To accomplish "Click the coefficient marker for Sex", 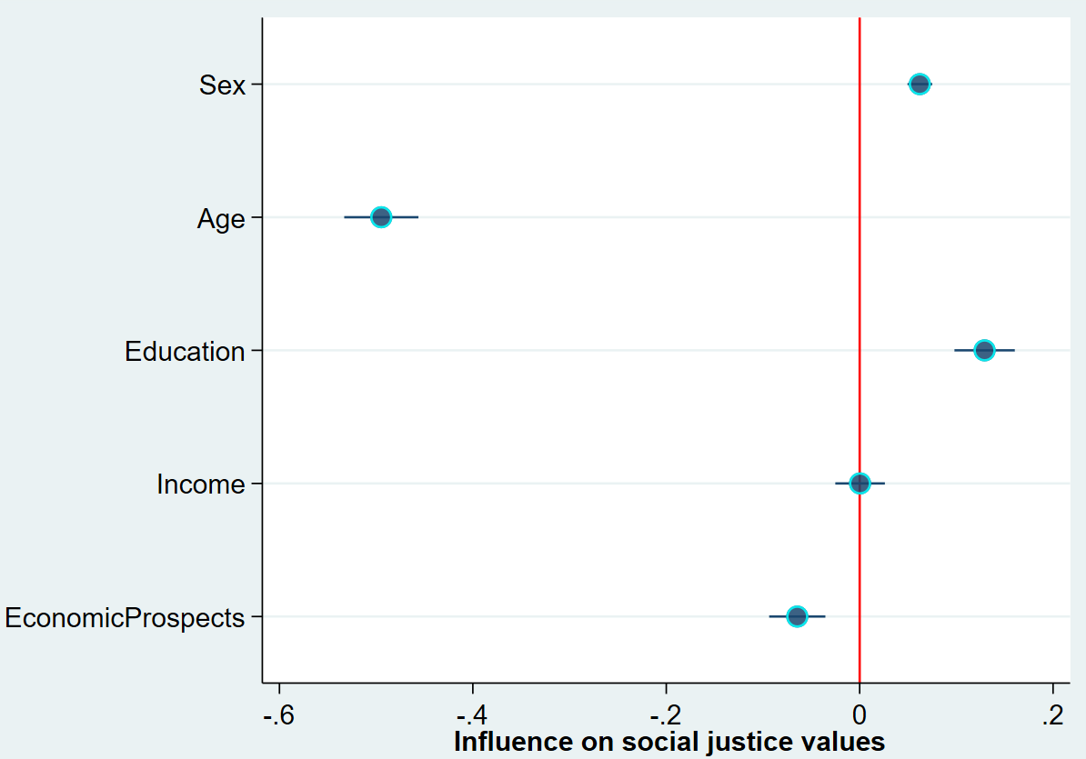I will tap(920, 85).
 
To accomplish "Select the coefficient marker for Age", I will tap(381, 217).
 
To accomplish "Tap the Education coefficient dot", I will tap(984, 350).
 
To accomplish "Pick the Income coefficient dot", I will tap(860, 484).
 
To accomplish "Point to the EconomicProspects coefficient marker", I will tap(797, 616).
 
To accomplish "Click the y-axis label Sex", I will tap(223, 86).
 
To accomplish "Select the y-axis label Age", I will tap(221, 219).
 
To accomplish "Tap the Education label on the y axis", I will tap(185, 352).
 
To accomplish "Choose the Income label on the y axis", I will tap(200, 484).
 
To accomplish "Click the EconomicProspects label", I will tap(125, 618).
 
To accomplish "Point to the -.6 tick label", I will tap(278, 715).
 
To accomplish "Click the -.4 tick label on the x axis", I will tap(472, 715).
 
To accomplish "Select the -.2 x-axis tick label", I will tap(666, 715).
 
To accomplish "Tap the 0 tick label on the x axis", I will tap(860, 715).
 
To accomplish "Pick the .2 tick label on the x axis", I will tap(1053, 715).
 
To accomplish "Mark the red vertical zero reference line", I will tap(860, 273).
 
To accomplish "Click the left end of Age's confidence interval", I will tap(346, 217).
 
